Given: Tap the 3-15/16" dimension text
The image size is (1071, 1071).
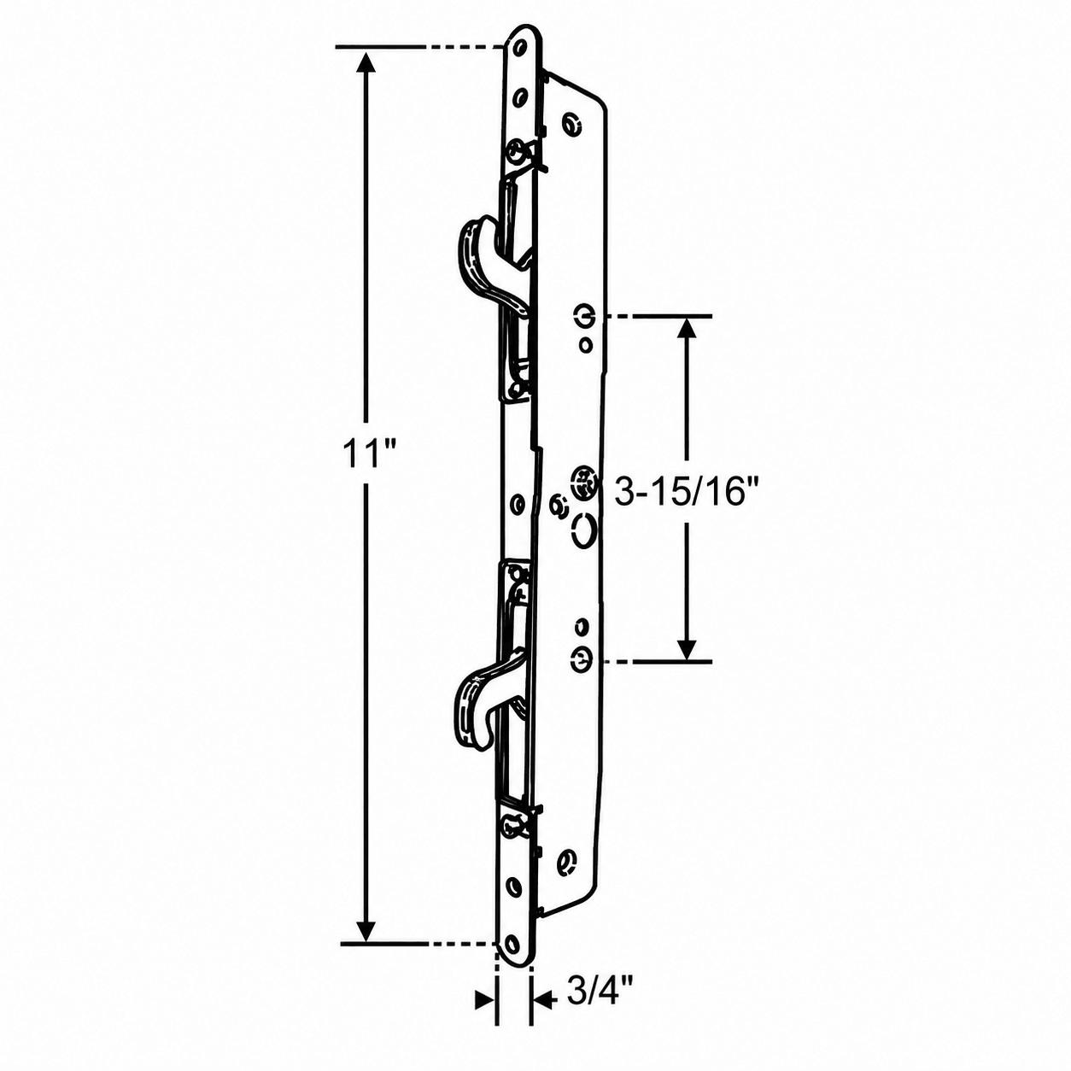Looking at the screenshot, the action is (x=679, y=494).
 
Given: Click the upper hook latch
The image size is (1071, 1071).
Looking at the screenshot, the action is (x=490, y=267).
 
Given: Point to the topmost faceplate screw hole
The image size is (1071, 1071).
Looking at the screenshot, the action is (x=521, y=49).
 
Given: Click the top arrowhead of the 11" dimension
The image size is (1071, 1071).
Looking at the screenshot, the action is (x=365, y=63).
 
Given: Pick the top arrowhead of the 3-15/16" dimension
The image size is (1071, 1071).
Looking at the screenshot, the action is (x=688, y=330).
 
